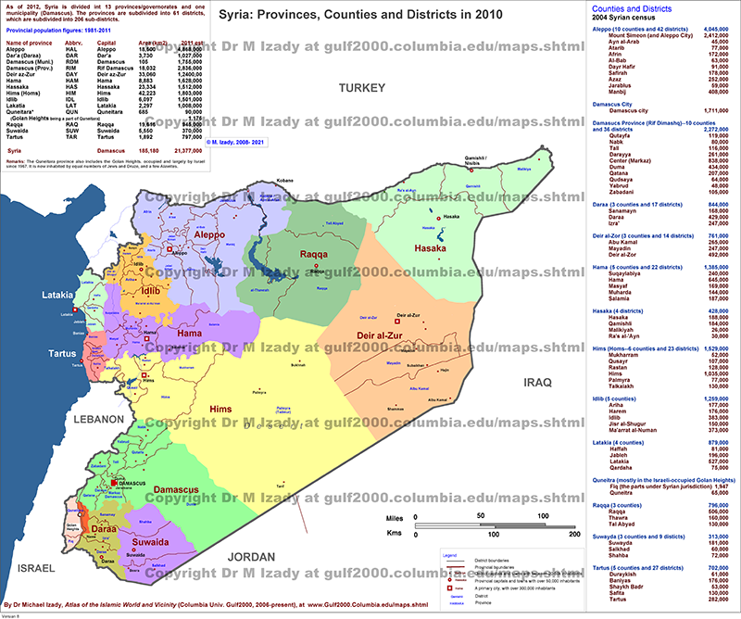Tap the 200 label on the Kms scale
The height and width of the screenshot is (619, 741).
574,535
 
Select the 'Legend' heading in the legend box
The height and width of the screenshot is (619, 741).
450,554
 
